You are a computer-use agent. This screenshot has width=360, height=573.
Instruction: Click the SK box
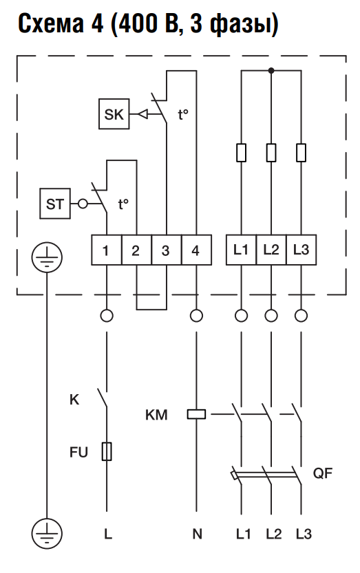(114, 113)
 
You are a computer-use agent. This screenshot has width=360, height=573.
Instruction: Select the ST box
(55, 204)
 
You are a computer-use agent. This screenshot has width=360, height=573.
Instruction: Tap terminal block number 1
(106, 250)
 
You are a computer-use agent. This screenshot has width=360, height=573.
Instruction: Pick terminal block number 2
(136, 250)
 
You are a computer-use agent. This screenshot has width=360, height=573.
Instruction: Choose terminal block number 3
(166, 250)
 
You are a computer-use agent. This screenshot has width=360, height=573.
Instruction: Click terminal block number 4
(196, 250)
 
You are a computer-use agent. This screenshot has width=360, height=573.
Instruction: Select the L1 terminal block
(241, 250)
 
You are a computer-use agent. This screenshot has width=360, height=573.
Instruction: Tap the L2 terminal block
(271, 250)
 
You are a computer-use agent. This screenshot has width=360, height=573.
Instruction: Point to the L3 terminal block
(301, 250)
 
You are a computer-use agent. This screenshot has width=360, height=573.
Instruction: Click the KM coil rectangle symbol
(196, 414)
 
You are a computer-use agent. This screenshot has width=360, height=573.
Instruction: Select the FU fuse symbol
(107, 451)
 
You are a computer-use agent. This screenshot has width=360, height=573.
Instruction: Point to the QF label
(323, 473)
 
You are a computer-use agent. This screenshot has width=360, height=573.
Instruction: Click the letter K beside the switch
(74, 400)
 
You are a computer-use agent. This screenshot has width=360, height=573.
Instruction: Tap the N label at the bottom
(197, 534)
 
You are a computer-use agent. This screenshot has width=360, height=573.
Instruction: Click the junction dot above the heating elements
(271, 71)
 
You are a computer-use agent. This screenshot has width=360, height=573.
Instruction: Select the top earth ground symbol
(47, 257)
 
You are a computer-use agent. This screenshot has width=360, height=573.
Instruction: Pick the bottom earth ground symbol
(47, 534)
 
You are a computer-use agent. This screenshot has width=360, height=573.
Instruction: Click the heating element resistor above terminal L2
(271, 153)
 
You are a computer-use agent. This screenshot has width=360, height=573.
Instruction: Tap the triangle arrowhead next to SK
(143, 114)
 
